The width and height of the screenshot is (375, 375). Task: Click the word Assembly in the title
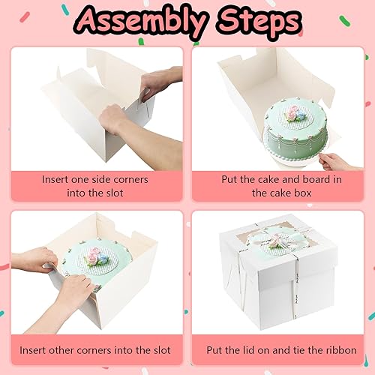[x=142, y=21]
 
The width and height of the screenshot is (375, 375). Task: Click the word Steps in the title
[x=259, y=20]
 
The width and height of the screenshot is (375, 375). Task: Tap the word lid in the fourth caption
[x=248, y=350]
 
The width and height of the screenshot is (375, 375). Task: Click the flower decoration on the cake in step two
[x=295, y=114]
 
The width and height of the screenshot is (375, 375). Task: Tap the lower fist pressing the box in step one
[x=112, y=118]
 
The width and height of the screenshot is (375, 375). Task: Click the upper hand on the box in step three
[x=35, y=260]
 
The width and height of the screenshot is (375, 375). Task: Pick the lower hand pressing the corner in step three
[x=75, y=291]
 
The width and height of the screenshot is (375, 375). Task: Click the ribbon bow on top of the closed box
[x=277, y=241]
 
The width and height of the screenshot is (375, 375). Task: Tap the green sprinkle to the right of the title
[x=345, y=21]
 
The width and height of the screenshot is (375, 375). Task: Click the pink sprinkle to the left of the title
[x=25, y=17]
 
